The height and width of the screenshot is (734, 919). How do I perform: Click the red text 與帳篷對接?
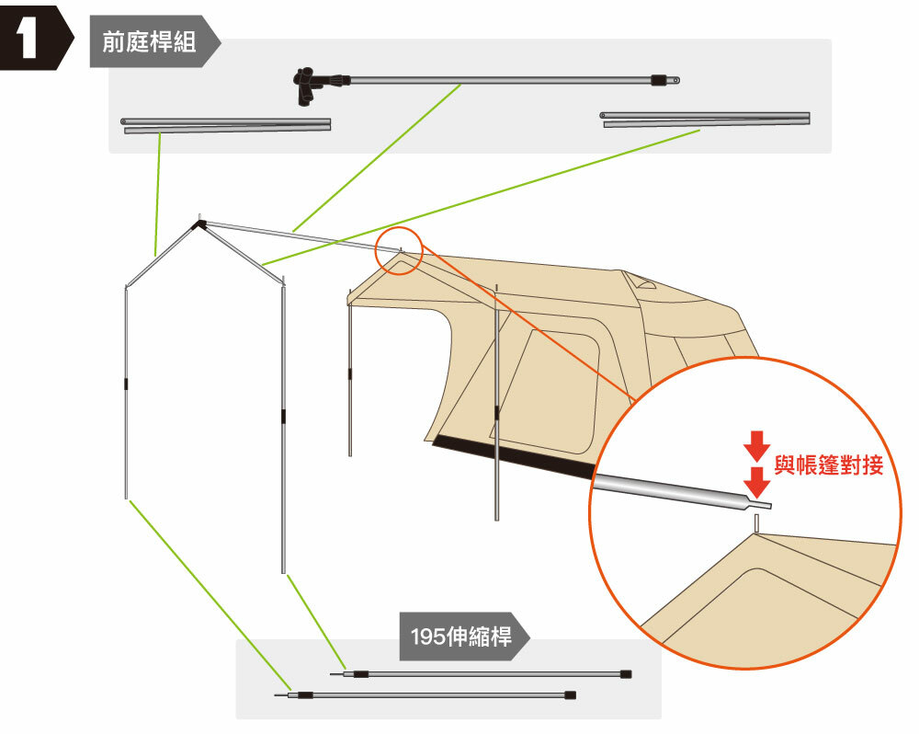[828, 465]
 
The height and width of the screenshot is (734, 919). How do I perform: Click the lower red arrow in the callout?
[756, 480]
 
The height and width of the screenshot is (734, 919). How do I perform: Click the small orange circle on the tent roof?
[398, 250]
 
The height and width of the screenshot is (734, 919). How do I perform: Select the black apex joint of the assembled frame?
[198, 223]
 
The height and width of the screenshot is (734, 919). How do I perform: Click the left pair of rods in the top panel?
[226, 124]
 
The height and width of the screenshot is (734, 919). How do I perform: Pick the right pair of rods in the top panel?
[706, 119]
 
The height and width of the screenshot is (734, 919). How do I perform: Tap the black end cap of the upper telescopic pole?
[626, 674]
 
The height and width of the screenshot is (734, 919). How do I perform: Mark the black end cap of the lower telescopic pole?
[570, 694]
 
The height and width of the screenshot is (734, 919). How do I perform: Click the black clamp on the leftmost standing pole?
[126, 383]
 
